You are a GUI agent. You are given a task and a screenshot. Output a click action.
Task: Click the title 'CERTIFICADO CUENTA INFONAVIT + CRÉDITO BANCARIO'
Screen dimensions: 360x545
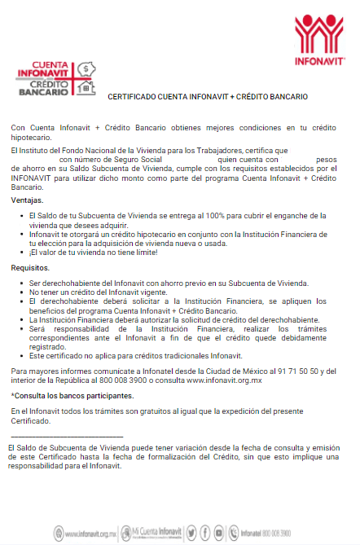[208, 96]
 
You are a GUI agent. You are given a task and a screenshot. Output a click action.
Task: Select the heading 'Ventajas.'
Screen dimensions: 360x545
[28, 200]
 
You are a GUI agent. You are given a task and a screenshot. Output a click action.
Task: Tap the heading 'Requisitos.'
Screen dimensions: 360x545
[30, 267]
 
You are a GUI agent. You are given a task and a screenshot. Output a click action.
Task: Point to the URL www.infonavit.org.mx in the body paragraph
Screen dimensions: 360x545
[224, 380]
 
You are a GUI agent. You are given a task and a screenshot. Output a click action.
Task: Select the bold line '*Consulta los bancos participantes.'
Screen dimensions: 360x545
[72, 395]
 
